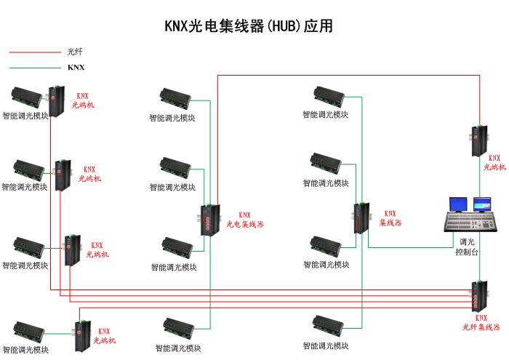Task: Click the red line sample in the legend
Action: point(35,52)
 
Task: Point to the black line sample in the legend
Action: point(35,68)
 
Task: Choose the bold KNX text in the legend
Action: point(76,68)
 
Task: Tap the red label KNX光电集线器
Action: point(245,220)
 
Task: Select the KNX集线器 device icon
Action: point(361,218)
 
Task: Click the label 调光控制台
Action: point(467,247)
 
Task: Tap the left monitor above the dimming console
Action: point(458,204)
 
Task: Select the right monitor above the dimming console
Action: point(482,204)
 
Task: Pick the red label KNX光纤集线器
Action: point(481,323)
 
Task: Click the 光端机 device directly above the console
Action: point(478,140)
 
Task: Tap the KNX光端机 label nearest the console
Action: point(494,162)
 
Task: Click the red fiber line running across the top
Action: point(349,74)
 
